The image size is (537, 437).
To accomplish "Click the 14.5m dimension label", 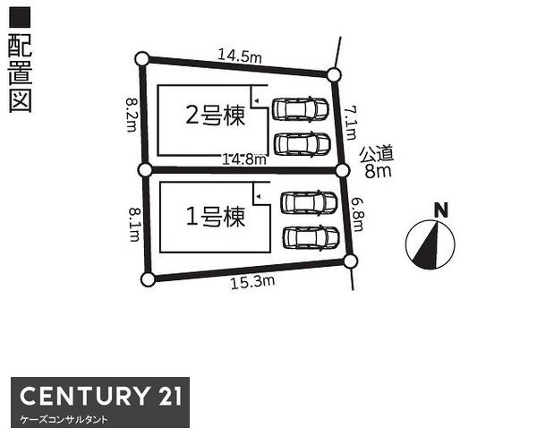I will [239, 56].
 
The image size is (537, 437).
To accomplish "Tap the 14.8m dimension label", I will [244, 159].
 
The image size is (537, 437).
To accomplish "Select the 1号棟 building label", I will [215, 217].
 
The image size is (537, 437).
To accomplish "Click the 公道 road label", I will [378, 154].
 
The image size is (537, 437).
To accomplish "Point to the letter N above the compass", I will [440, 210].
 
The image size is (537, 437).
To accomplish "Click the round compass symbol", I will [430, 244].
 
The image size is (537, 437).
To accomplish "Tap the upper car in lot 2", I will [302, 108].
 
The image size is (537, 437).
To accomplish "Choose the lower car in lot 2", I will [302, 143].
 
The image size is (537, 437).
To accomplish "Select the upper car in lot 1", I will [309, 203].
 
